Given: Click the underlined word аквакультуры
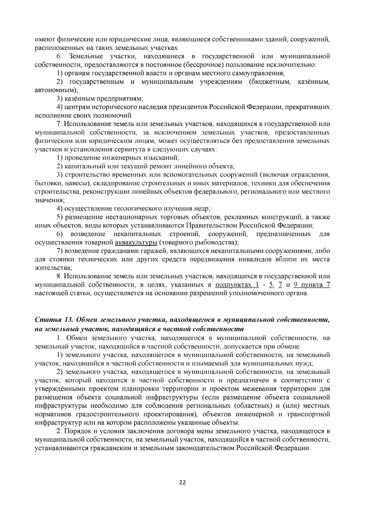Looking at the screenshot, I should click(x=136, y=243).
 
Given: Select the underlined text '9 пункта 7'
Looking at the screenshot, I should click(x=312, y=285).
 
